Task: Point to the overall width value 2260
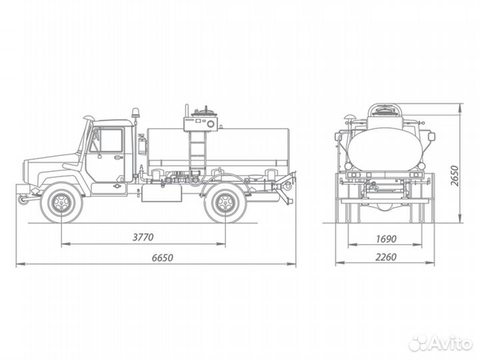(383, 258)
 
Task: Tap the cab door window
(110, 141)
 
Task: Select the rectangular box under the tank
(161, 193)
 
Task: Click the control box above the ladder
(200, 122)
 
